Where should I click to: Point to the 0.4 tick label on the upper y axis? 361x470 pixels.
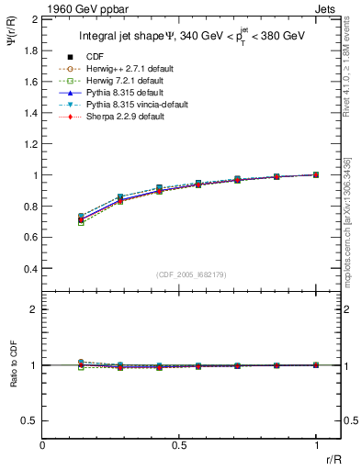[29, 269]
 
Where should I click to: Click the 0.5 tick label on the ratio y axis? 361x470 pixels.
[29, 420]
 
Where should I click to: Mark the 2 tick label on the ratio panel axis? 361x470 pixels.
[33, 310]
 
